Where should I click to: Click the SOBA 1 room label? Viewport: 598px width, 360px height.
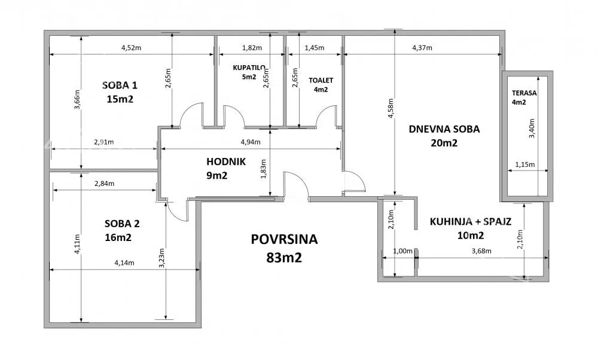tap(120, 86)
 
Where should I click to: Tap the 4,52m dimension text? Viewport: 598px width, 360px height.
tap(131, 48)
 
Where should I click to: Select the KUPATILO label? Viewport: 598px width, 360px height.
tap(249, 68)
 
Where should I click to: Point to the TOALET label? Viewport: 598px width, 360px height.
tap(321, 81)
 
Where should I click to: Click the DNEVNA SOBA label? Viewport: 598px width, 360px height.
tap(444, 129)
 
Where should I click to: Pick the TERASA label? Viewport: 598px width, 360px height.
tap(524, 93)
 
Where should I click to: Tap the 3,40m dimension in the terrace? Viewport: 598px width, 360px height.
tap(532, 129)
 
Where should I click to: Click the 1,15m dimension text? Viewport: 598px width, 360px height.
tap(525, 164)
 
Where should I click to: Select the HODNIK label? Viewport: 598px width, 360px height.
tap(226, 161)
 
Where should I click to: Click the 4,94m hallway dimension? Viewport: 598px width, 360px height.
tap(251, 142)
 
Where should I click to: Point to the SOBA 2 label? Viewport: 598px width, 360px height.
tap(122, 224)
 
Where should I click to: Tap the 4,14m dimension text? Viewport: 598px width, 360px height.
tap(124, 263)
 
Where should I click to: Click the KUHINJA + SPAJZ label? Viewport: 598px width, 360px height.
tap(471, 222)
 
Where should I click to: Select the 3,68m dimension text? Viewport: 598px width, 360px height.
tap(481, 251)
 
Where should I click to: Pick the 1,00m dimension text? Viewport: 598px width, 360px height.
tap(402, 251)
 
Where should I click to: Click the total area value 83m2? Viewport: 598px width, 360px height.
tap(284, 258)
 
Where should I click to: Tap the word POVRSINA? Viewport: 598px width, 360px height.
tap(284, 239)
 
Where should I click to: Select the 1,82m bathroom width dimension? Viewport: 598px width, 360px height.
tap(252, 48)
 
